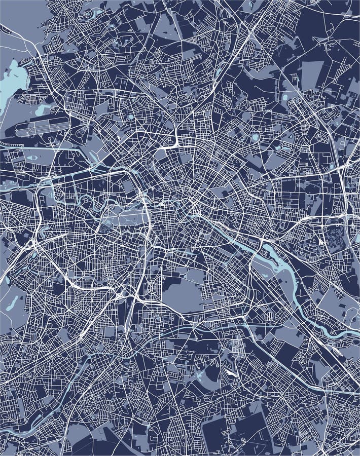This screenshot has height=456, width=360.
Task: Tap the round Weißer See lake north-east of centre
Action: pyautogui.click(x=255, y=137)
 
